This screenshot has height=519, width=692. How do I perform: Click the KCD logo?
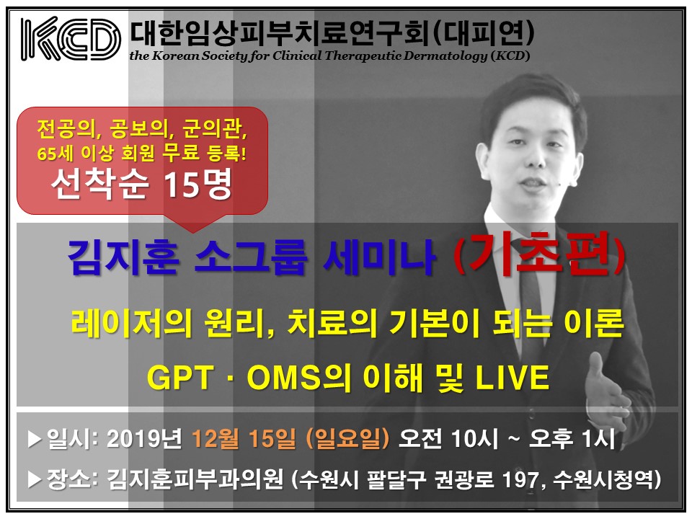71,39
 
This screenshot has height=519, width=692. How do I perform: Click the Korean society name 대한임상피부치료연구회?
280,34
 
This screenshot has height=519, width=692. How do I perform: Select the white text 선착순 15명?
141,185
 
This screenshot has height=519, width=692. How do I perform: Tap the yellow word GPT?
180,378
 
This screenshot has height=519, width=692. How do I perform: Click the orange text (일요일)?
347,439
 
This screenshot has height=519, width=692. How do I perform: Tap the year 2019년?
144,439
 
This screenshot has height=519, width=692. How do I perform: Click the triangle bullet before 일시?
35,439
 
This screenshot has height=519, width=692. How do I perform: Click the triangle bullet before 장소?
35,480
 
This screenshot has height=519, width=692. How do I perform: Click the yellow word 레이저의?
131,324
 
